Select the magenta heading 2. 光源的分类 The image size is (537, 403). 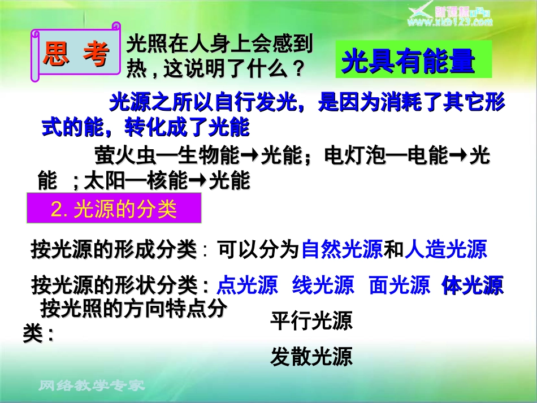[x=114, y=209]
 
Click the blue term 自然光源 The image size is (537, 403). [x=343, y=249]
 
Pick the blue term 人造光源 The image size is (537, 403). [x=445, y=249]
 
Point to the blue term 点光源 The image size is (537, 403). [x=248, y=285]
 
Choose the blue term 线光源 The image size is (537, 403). [x=323, y=285]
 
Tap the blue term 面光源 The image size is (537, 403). [x=399, y=285]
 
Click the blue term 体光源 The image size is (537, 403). [x=473, y=285]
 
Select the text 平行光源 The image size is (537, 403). [x=311, y=321]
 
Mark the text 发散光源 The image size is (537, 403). [x=311, y=356]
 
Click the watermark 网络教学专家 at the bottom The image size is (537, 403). [x=92, y=386]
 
